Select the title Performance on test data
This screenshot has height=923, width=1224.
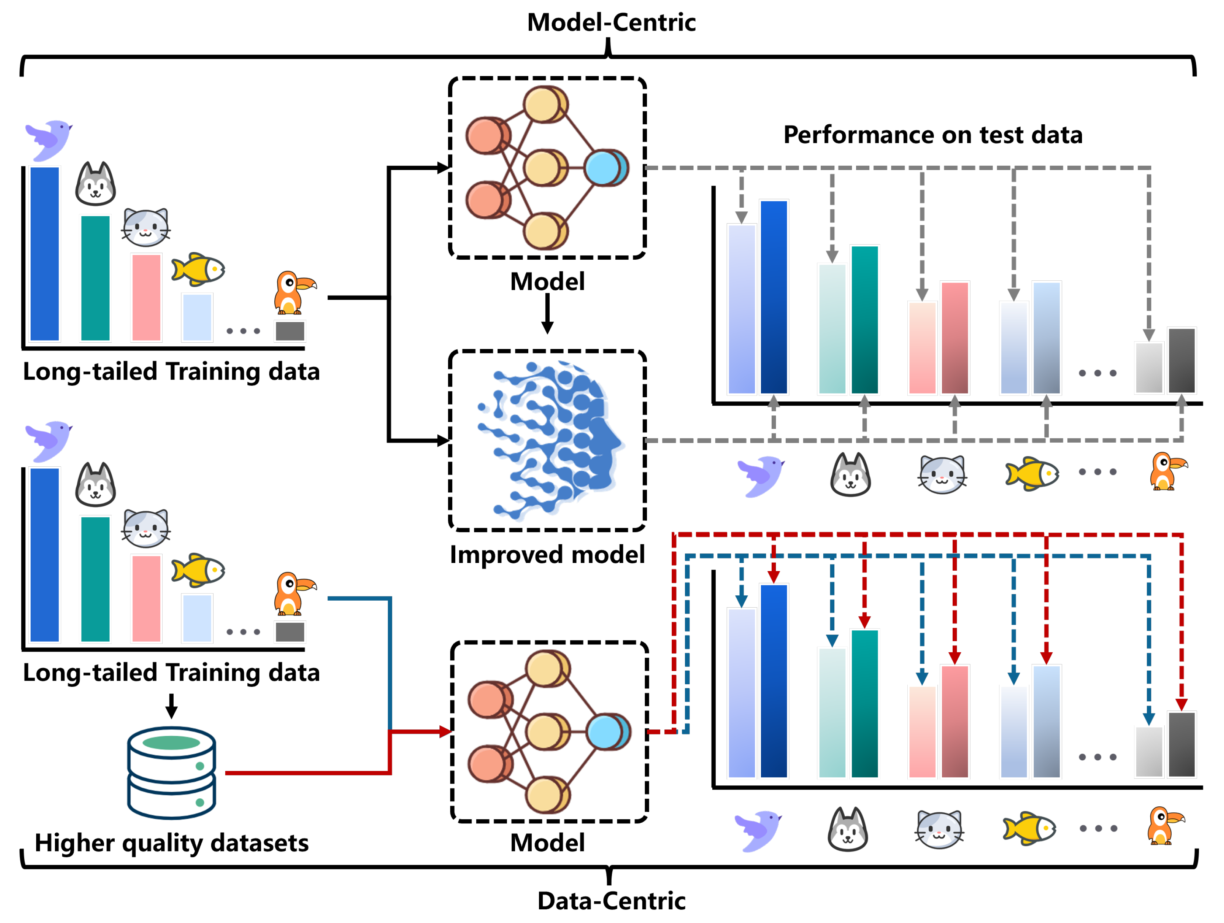[933, 135]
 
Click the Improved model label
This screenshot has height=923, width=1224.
[547, 554]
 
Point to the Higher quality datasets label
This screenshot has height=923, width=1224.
[171, 843]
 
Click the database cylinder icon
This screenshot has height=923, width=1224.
[171, 773]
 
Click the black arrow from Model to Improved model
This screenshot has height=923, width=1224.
[547, 314]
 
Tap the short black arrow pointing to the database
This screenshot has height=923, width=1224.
[171, 706]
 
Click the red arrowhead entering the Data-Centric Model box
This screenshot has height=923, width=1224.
[446, 732]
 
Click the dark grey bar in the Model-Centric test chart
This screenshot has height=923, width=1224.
[1181, 360]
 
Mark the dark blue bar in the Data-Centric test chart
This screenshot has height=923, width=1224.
[773, 681]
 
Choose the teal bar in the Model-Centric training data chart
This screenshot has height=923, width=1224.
[95, 278]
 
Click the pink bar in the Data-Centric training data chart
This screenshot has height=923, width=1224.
[146, 598]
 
